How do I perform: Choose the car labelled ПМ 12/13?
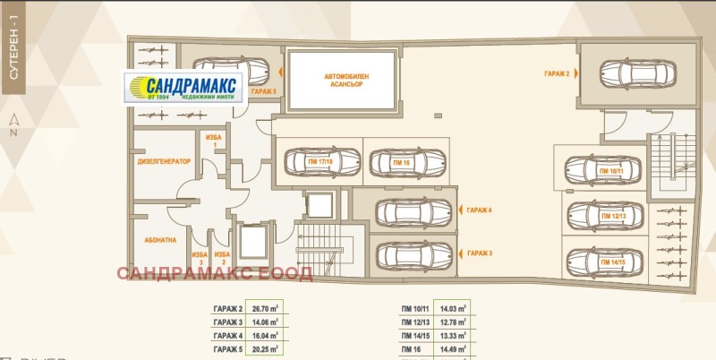pos(608,216)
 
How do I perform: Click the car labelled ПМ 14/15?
pos(608,261)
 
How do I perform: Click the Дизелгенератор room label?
pos(164,162)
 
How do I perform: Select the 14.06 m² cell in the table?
pos(266,322)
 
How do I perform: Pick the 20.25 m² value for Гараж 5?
pos(266,348)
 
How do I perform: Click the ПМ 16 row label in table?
pos(413,348)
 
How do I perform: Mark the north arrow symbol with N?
pos(13,127)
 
